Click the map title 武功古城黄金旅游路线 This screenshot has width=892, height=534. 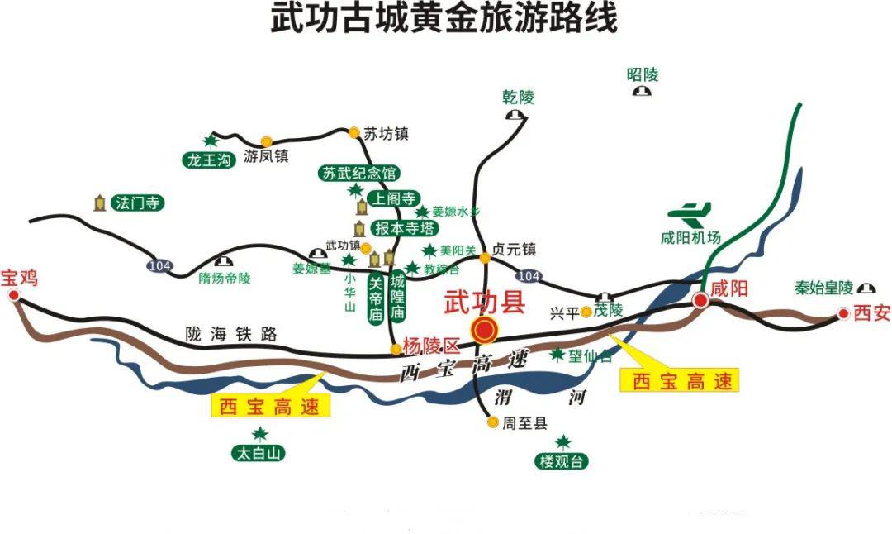444,18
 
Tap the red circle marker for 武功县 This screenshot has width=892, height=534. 485,331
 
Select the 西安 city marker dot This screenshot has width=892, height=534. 843,313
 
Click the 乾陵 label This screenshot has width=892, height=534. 518,97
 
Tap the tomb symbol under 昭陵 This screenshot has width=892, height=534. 641,92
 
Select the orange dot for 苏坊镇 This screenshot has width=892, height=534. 354,132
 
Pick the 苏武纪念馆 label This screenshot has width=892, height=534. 359,174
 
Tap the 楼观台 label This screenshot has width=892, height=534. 562,461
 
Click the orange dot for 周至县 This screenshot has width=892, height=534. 493,422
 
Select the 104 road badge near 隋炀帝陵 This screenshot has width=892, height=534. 160,265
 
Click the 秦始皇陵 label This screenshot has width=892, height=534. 823,288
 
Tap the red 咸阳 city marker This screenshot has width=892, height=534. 700,301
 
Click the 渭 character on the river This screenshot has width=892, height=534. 505,395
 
